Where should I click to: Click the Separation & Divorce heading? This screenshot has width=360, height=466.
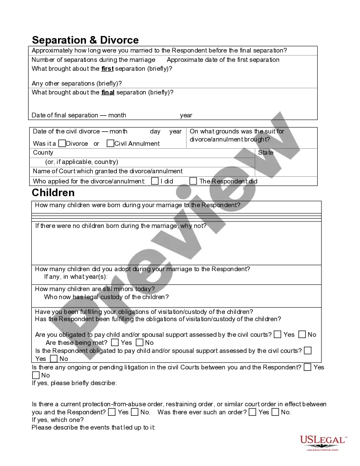point(85,40)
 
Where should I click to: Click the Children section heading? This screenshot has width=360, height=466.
point(53,193)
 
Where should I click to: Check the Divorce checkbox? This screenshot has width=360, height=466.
point(62,143)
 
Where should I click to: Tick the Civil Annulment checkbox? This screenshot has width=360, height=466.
point(110,143)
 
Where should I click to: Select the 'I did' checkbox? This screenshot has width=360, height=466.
point(154,181)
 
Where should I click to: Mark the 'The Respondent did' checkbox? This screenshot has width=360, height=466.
point(193,181)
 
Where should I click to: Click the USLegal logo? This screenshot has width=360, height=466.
point(323,443)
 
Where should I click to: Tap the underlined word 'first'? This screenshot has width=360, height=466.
point(107,69)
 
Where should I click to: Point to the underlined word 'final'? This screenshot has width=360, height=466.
point(108,92)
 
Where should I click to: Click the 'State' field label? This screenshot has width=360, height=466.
point(266,153)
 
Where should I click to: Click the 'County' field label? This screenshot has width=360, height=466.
point(43,153)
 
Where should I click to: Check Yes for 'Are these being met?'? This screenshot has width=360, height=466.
point(115,342)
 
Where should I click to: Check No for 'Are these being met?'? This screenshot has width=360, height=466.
point(138,342)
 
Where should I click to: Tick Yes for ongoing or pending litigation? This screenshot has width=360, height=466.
point(307,367)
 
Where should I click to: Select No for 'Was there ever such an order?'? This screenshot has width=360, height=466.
point(275,412)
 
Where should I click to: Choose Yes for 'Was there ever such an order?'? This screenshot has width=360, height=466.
point(252,412)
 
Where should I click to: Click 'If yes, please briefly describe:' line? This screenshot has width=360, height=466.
point(75,383)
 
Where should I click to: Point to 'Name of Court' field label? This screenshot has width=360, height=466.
point(108,171)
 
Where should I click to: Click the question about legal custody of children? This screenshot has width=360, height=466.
point(106,297)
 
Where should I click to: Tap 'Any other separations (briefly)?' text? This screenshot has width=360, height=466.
point(77,83)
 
